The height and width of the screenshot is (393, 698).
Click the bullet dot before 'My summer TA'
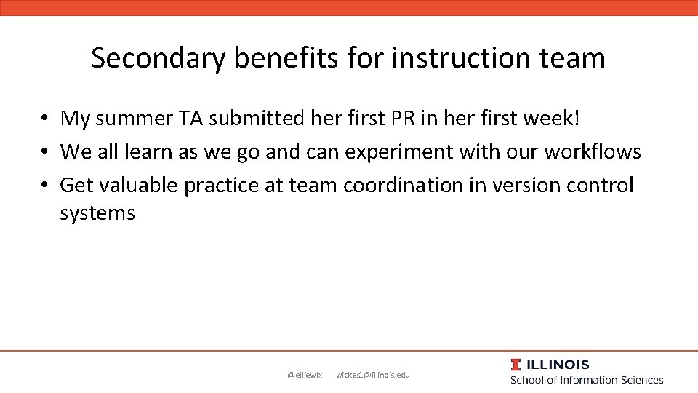[45, 119]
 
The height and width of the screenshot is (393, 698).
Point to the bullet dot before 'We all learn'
[45, 152]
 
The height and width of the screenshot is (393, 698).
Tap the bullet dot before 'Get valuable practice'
[45, 186]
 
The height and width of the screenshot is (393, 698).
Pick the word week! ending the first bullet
[551, 118]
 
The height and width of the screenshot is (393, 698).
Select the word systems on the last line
[97, 213]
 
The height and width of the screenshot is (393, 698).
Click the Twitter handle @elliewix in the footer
[305, 375]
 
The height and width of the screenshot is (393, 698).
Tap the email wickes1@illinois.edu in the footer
[373, 375]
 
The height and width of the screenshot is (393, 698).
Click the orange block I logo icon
[516, 365]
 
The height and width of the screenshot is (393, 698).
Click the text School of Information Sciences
[587, 380]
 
